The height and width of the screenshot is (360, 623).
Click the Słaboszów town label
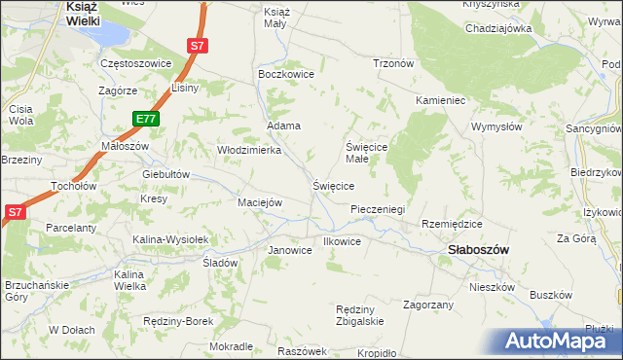click(478, 249)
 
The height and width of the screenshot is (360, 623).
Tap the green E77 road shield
click(146, 119)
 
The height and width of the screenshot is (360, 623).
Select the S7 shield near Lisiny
click(198, 46)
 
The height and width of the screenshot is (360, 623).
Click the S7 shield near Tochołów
click(15, 211)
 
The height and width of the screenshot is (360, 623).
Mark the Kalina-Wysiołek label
click(171, 238)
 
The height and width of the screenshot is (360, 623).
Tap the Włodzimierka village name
click(248, 150)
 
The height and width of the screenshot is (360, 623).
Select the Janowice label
click(289, 250)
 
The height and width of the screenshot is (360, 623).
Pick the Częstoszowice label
click(136, 63)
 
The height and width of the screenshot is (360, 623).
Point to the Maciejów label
click(260, 202)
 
